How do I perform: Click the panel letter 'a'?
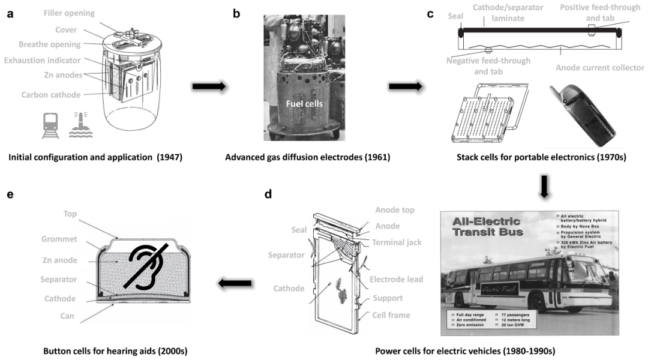pos(10,13)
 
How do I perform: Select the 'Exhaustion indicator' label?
pos(42,61)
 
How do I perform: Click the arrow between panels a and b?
pos(208,87)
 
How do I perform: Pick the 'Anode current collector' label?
pos(600,68)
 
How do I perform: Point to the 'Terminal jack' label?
pos(396,242)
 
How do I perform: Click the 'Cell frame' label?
pos(391,315)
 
